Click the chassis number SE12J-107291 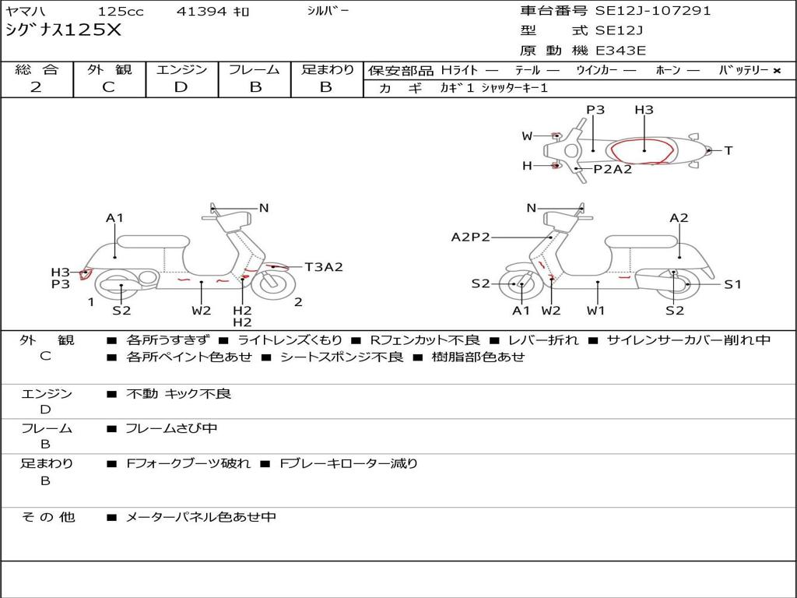653,11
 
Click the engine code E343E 620,51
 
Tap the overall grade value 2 36,87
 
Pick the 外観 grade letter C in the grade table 108,87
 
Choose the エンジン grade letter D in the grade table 181,87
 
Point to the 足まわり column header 327,69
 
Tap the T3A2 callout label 323,267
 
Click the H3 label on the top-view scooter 644,110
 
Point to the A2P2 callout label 471,237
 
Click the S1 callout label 733,284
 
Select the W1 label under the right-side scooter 596,311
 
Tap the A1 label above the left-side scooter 115,218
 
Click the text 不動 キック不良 178,394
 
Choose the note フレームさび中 171,428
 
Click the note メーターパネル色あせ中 201,516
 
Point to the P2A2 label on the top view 613,169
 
